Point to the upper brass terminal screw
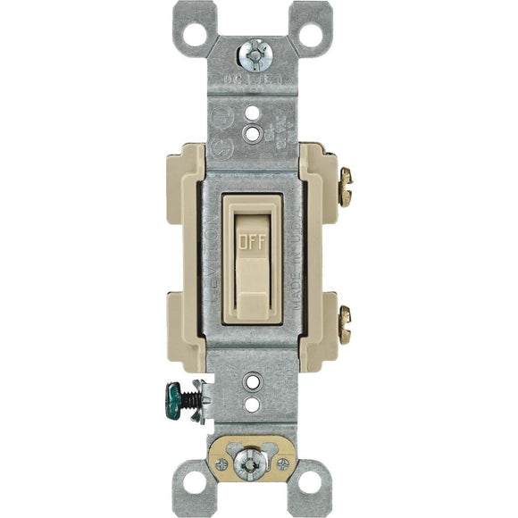pyautogui.click(x=345, y=187)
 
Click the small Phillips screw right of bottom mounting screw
pyautogui.click(x=283, y=464)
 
